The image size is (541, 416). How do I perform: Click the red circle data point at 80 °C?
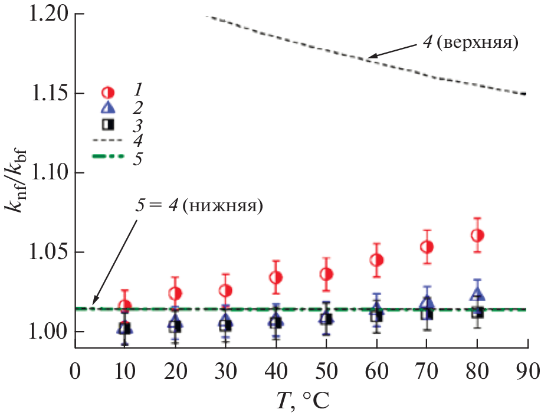(478, 235)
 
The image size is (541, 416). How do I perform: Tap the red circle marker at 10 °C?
(124, 306)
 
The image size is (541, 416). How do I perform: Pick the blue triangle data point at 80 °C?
(477, 293)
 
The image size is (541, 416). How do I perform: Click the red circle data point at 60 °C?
(377, 260)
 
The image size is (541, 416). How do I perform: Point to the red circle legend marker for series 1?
(108, 92)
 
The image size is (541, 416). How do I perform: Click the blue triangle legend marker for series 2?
(108, 108)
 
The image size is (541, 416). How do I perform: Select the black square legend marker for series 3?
(108, 125)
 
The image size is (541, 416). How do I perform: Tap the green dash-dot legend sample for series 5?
(109, 157)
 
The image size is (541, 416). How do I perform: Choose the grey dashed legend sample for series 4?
(109, 141)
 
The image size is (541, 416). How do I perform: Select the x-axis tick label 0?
(75, 373)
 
